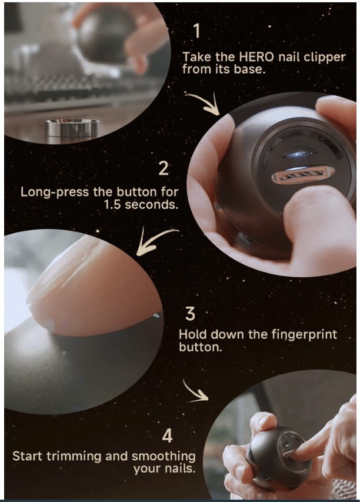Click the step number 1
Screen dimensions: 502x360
tap(197, 31)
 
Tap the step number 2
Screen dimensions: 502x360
tap(164, 169)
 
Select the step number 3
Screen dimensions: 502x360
tap(190, 313)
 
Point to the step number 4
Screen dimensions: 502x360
tap(168, 436)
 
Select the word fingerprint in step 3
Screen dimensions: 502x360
tap(308, 335)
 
